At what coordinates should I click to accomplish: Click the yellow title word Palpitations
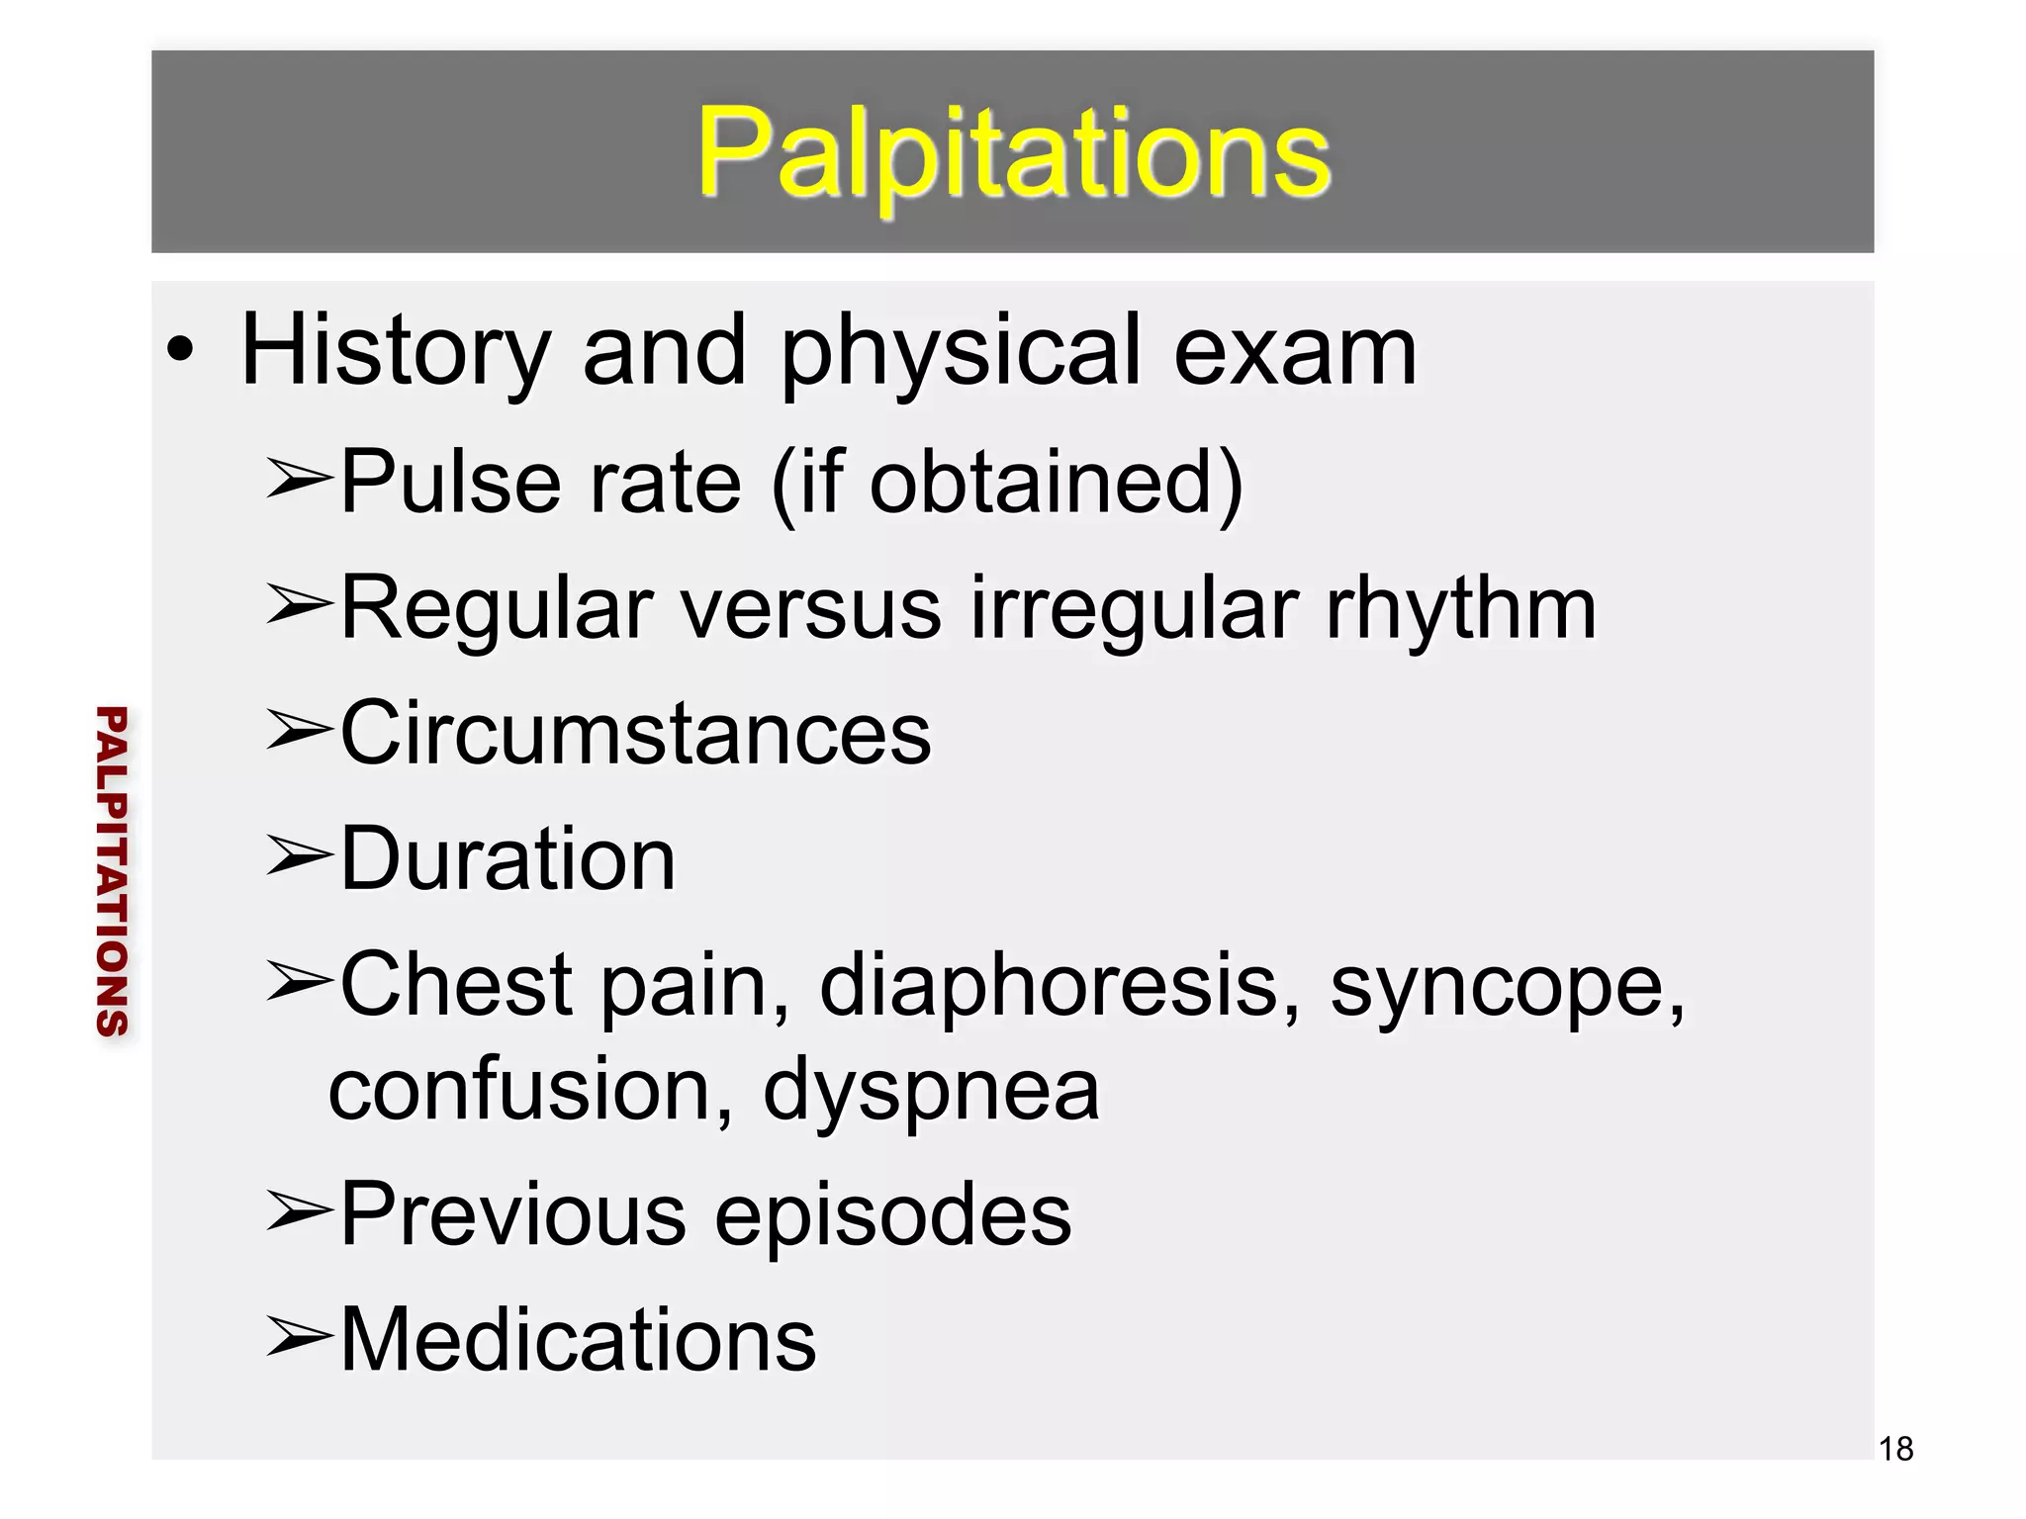pos(1013,153)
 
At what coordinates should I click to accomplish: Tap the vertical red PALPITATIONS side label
pos(112,870)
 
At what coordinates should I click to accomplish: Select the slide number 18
pos(1895,1449)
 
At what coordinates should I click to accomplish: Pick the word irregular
pos(1134,608)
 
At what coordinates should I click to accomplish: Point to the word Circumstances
pos(635,734)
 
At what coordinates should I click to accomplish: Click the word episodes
pos(892,1216)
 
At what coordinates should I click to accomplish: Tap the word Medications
pos(578,1339)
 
